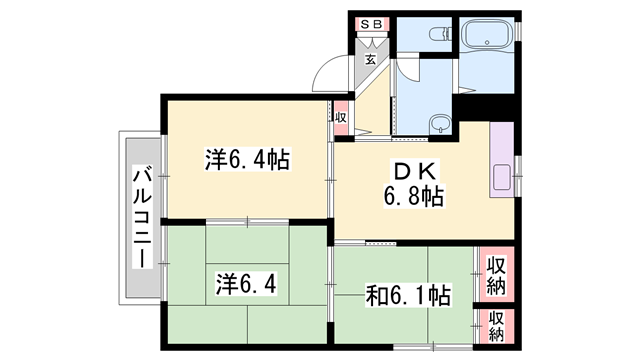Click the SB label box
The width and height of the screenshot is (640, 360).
[372, 24]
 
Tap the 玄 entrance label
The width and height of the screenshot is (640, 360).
[370, 60]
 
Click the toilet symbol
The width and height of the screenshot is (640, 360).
[441, 33]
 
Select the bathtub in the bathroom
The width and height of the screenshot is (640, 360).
[487, 34]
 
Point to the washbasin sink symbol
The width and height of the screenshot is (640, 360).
[440, 122]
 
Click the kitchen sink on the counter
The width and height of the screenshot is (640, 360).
[502, 177]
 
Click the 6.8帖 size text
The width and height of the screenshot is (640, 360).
[413, 197]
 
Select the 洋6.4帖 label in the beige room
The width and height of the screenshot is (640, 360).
[247, 159]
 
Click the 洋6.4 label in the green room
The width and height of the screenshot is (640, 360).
[246, 284]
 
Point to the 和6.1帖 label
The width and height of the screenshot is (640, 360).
[408, 296]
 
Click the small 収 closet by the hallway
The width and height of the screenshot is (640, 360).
[341, 118]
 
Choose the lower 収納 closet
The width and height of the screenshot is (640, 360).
[496, 326]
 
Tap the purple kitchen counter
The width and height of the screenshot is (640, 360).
[502, 160]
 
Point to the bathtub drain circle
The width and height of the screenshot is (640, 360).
[487, 42]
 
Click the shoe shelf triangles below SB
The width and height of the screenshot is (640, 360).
[372, 42]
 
